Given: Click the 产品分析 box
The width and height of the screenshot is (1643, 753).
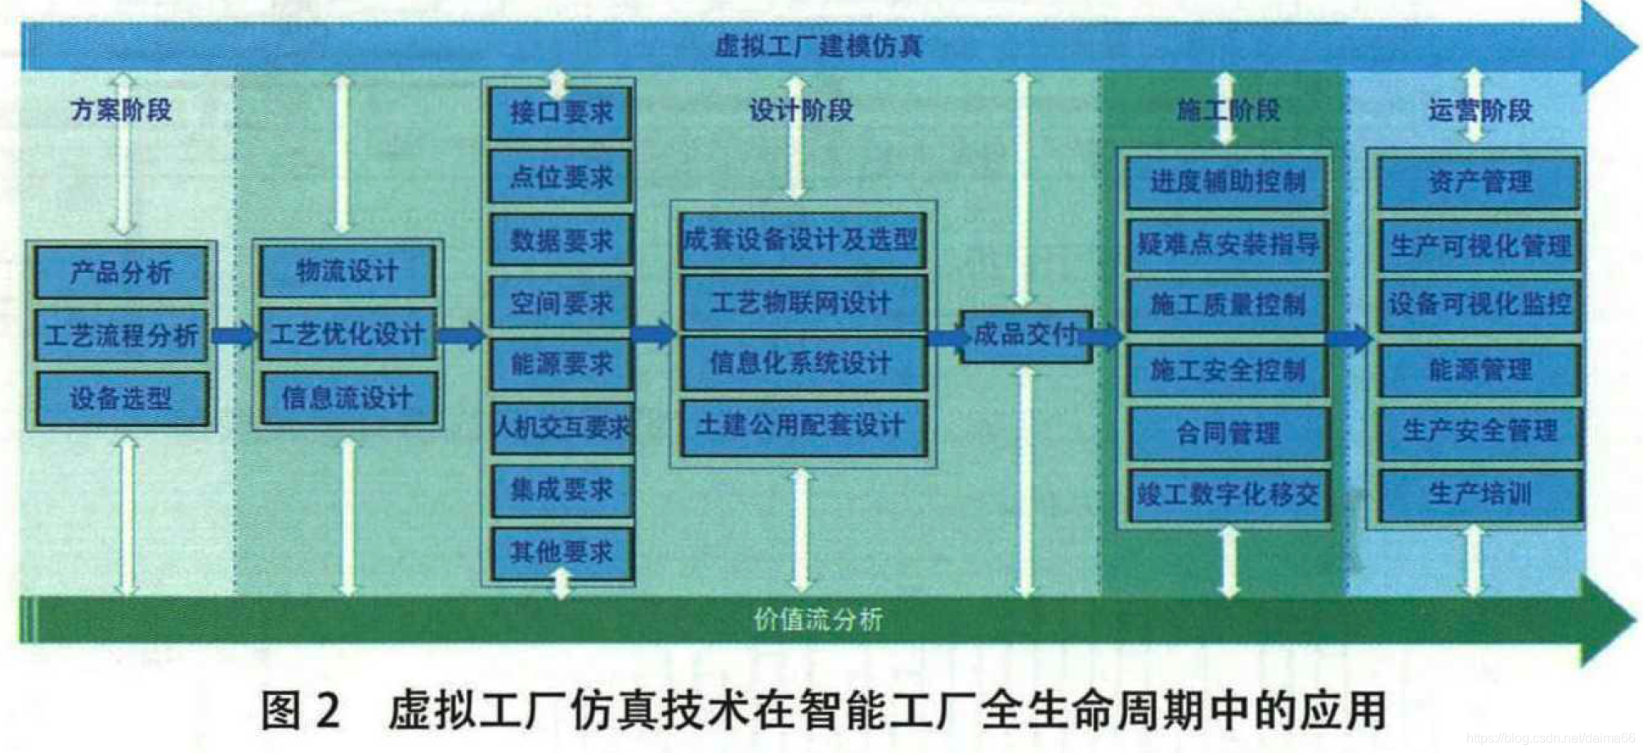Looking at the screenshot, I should (x=121, y=272).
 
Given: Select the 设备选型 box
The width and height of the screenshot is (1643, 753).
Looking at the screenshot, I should (x=121, y=399).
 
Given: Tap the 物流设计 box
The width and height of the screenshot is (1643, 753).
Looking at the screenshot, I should (x=347, y=271).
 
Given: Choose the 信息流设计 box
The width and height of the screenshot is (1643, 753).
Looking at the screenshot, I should (x=347, y=398).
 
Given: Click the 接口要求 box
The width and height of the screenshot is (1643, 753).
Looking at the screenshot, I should (x=561, y=113).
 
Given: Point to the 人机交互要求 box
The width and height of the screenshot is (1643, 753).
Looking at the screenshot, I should (x=562, y=427).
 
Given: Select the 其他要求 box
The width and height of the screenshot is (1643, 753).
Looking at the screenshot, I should (x=562, y=553).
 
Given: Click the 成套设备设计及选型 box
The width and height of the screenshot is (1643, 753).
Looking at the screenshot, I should (x=802, y=240).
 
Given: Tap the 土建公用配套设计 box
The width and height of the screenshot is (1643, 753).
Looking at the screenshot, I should (x=802, y=425).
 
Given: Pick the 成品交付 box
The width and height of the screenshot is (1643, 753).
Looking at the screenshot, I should (x=1025, y=334).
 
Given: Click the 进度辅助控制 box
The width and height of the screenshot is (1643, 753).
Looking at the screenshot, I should (x=1227, y=182).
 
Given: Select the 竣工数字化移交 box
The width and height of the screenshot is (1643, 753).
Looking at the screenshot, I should (x=1228, y=494).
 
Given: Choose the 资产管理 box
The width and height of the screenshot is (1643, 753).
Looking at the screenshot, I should (x=1480, y=182).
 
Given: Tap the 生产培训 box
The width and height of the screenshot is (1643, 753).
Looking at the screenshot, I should (x=1480, y=494).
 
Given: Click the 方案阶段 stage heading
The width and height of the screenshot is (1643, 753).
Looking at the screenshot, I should (x=121, y=110).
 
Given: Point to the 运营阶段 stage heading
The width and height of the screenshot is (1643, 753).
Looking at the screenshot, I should (x=1480, y=110).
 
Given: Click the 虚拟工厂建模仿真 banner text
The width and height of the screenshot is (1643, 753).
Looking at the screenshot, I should (x=818, y=46).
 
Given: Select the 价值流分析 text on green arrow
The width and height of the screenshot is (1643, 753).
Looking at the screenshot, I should (x=818, y=620).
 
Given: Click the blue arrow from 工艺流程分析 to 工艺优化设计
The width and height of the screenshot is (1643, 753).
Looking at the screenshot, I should (x=233, y=335).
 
